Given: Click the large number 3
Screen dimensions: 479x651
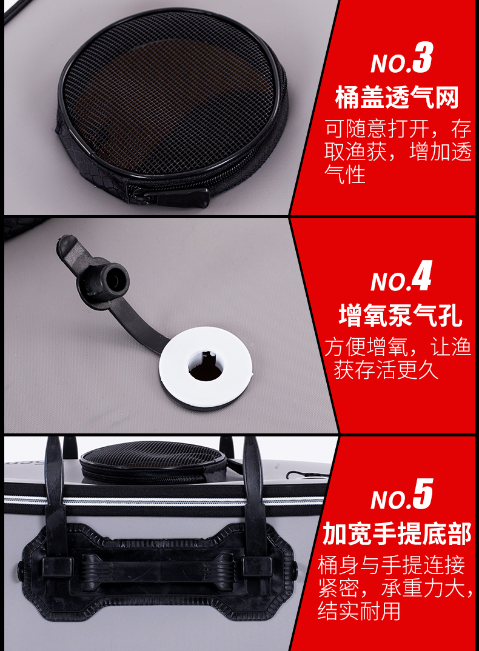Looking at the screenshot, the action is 422,58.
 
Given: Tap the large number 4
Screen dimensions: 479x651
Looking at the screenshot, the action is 421,276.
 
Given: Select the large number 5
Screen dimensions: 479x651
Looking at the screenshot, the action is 423,493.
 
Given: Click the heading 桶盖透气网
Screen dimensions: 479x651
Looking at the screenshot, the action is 397,98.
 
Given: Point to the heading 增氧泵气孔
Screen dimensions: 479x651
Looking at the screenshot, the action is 400,316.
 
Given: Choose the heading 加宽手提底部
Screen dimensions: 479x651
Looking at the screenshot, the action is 397,533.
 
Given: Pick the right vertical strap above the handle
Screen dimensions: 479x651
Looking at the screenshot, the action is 254,498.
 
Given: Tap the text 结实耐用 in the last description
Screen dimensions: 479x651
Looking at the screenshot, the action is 359,610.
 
